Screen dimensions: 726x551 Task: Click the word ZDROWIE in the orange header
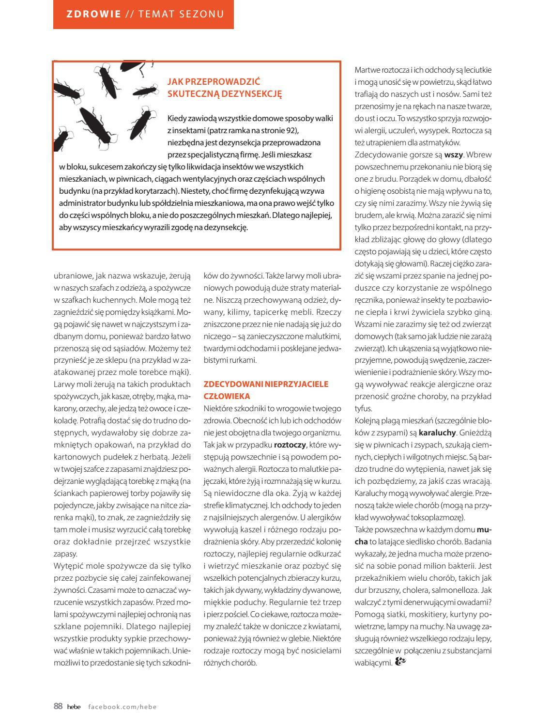click(94, 14)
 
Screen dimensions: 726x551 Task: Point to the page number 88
click(58, 706)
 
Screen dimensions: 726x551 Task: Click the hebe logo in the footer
click(74, 707)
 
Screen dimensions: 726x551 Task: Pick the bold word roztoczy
click(290, 445)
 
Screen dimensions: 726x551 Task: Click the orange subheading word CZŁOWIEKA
click(227, 396)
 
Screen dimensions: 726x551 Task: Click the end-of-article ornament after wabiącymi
click(400, 662)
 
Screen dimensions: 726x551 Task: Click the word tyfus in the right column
click(363, 408)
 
